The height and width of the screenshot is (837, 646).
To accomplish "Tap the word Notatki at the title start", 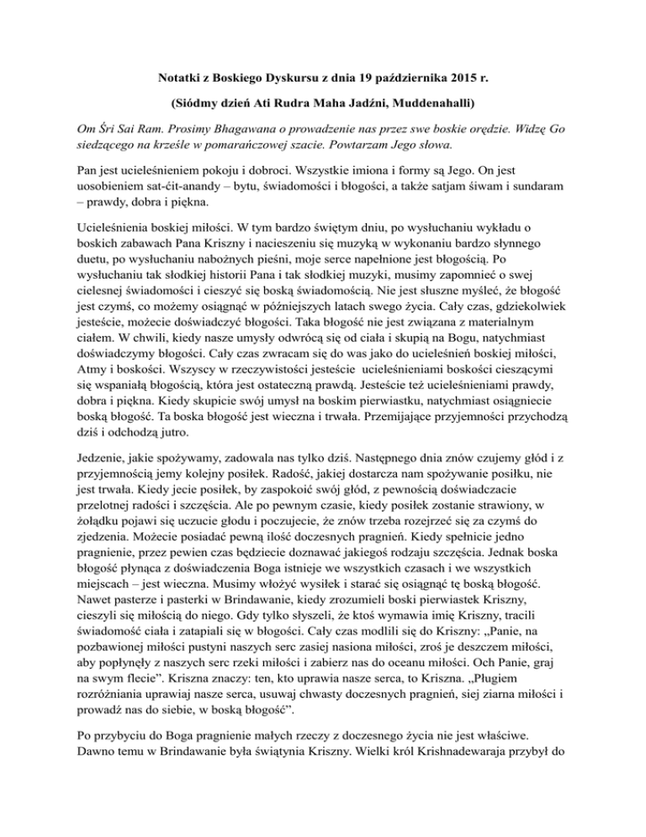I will tap(182, 81).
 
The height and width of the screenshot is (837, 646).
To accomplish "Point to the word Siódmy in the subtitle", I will tap(198, 110).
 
